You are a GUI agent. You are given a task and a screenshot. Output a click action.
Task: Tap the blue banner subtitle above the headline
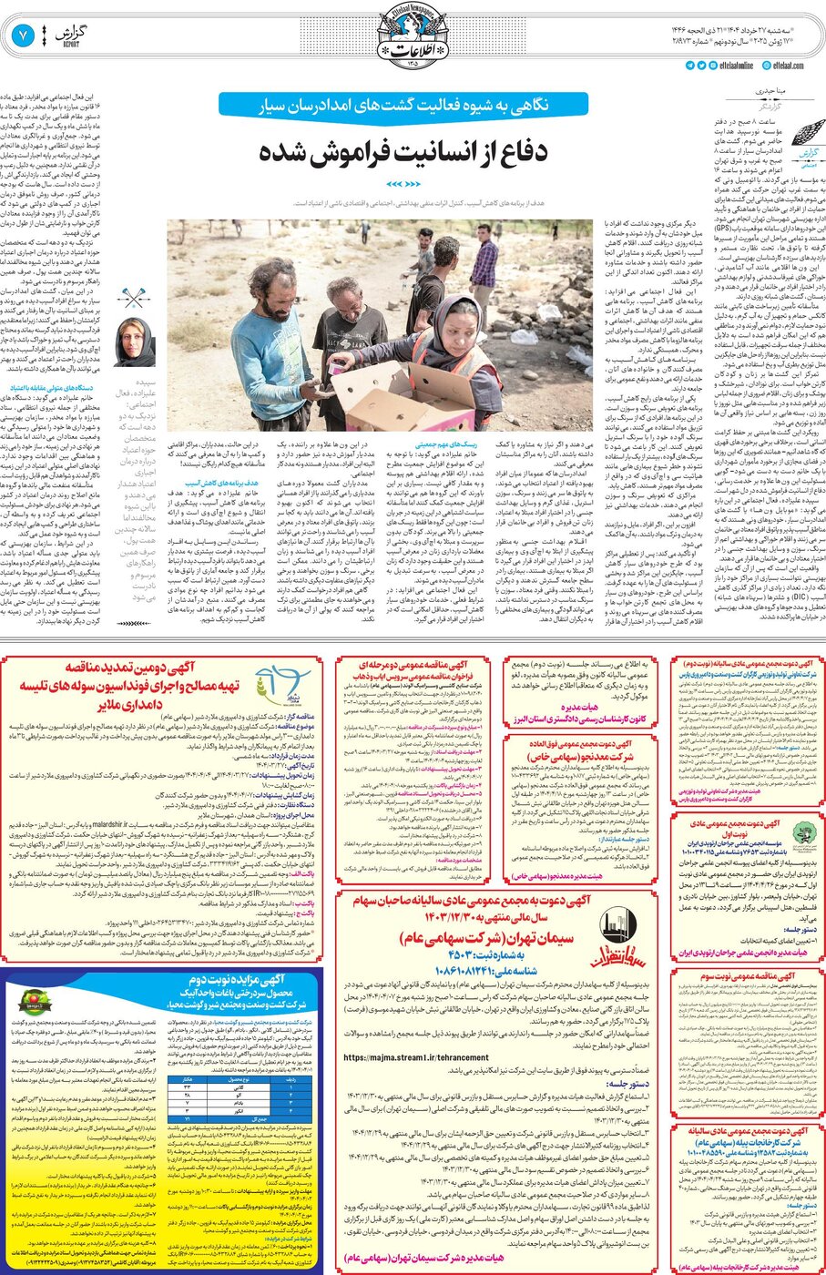coord(406,105)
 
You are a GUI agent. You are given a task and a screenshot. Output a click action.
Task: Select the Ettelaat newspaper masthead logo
coord(413,32)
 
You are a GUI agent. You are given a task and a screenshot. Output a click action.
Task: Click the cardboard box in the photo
coord(394,395)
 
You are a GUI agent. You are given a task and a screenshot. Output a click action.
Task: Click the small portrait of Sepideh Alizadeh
coord(134,342)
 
